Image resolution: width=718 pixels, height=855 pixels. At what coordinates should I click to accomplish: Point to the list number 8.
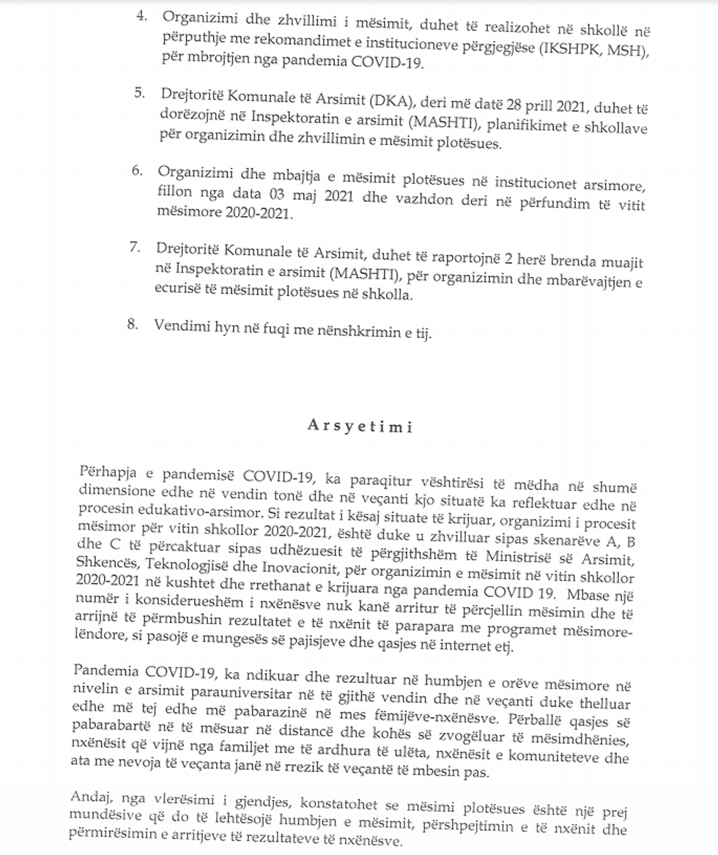[x=133, y=325]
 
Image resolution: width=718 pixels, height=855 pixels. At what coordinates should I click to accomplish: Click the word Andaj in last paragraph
[x=95, y=796]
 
